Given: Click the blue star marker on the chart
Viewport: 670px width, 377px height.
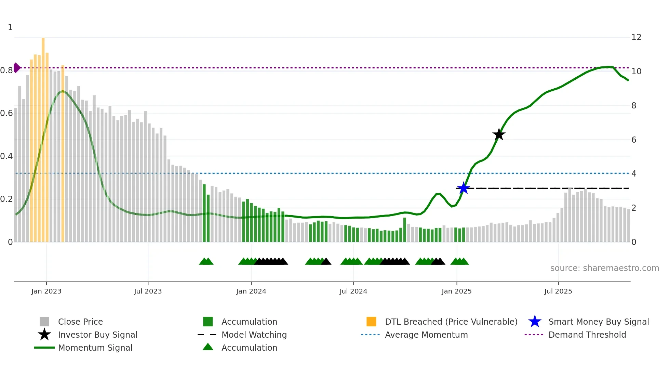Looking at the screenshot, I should (x=463, y=188).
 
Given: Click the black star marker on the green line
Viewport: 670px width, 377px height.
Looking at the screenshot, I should (x=499, y=134).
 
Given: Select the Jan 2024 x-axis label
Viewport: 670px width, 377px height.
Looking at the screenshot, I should (x=251, y=291).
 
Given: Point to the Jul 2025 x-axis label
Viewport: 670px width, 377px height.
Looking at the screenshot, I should (x=558, y=291).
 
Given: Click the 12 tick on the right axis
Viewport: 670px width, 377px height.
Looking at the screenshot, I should (x=636, y=37).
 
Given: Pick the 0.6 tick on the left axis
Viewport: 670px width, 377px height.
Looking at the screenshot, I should (x=6, y=113).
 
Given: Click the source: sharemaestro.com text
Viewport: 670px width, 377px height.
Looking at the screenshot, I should (x=604, y=268).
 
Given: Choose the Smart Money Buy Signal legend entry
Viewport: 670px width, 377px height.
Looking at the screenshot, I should (x=598, y=322).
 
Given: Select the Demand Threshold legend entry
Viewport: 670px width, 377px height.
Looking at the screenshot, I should (x=587, y=335).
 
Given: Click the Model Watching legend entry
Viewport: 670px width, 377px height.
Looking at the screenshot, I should (x=254, y=335).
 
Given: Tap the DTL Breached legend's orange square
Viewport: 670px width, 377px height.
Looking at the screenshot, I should (x=371, y=322).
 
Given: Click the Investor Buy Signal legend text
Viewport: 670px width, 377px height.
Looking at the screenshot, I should (x=97, y=335).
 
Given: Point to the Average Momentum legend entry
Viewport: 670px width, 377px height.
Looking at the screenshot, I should (x=426, y=335).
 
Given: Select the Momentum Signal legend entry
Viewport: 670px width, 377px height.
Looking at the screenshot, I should (x=95, y=348).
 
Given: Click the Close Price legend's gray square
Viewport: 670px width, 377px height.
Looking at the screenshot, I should (x=44, y=322).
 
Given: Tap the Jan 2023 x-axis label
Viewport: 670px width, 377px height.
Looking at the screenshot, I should (x=46, y=291).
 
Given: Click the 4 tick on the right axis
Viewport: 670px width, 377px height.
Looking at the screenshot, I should (x=633, y=174).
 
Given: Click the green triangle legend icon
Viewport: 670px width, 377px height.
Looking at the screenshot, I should (x=208, y=347).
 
